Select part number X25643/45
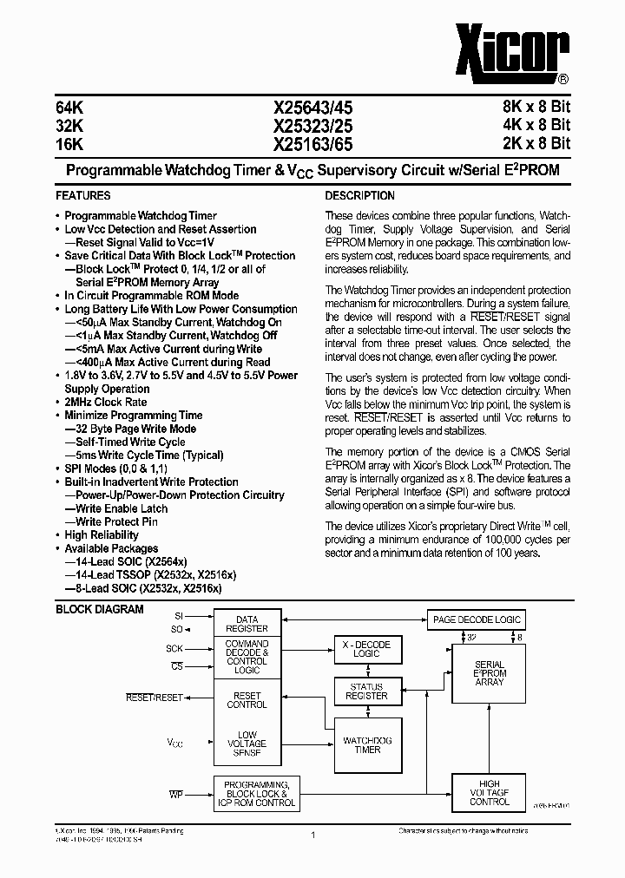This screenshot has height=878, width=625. [313, 108]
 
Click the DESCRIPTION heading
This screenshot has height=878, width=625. [359, 196]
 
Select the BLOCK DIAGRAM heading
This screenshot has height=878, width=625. [100, 609]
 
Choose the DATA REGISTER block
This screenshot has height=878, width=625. [247, 624]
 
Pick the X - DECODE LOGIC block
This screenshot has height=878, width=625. [367, 649]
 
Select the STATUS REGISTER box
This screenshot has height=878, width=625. [366, 691]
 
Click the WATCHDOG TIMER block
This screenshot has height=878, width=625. [367, 744]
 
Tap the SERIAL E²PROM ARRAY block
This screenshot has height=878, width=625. [489, 673]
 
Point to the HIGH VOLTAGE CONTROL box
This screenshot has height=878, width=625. [489, 792]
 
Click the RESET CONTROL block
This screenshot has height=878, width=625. [247, 699]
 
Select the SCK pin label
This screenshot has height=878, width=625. [174, 648]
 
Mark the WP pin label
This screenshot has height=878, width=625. [175, 795]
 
